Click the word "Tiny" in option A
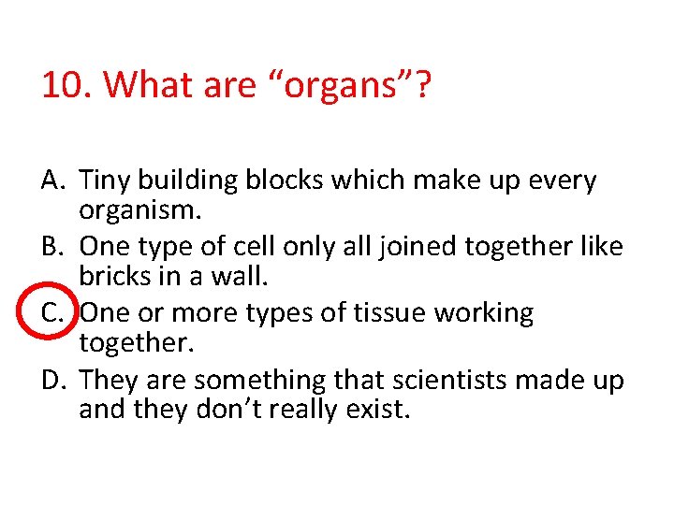[x=106, y=180]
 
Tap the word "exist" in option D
[x=378, y=410]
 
